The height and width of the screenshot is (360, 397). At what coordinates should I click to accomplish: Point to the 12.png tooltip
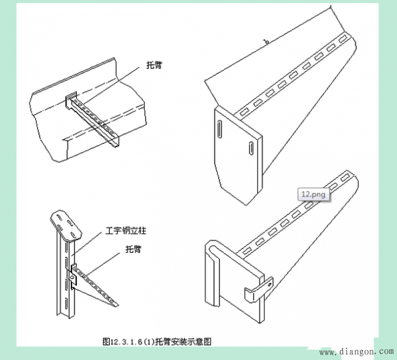point(313,194)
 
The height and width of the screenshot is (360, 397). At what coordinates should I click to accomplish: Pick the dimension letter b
point(266,42)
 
